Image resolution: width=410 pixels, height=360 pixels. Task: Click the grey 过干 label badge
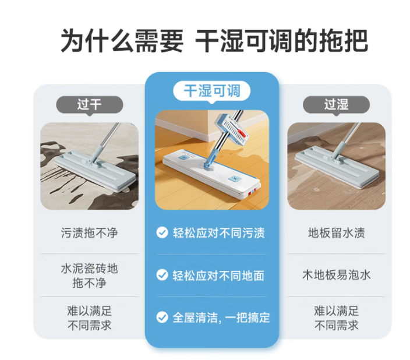pyautogui.click(x=90, y=105)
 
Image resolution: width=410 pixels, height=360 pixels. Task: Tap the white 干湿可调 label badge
pyautogui.click(x=212, y=91)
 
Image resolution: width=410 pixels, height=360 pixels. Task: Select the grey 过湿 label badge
pyautogui.click(x=336, y=105)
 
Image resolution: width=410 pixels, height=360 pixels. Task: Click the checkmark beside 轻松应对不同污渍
pyautogui.click(x=162, y=232)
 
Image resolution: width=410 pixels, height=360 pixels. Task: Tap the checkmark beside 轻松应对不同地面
pyautogui.click(x=162, y=275)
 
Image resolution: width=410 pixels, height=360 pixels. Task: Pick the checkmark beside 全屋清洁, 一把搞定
pyautogui.click(x=162, y=317)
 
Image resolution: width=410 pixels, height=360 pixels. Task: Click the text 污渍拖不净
pyautogui.click(x=90, y=232)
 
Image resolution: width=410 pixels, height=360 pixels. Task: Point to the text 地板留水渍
pyautogui.click(x=336, y=232)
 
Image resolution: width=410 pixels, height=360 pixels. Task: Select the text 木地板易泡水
pyautogui.click(x=336, y=275)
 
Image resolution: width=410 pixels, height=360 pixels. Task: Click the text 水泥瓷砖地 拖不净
pyautogui.click(x=90, y=276)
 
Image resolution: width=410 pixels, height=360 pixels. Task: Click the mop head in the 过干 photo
pyautogui.click(x=95, y=171)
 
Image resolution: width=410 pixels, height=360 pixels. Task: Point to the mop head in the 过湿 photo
pyautogui.click(x=337, y=167)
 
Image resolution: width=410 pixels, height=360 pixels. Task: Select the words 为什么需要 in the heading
pyautogui.click(x=122, y=41)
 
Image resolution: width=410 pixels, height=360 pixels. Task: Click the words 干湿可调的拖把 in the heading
pyautogui.click(x=282, y=41)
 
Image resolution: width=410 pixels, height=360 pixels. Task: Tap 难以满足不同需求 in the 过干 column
pyautogui.click(x=90, y=318)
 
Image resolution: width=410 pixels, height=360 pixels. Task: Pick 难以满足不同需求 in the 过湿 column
pyautogui.click(x=336, y=318)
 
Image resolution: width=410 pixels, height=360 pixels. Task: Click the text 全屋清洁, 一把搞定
pyautogui.click(x=221, y=317)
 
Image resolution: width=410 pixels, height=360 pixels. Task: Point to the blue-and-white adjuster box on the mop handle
pyautogui.click(x=231, y=129)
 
